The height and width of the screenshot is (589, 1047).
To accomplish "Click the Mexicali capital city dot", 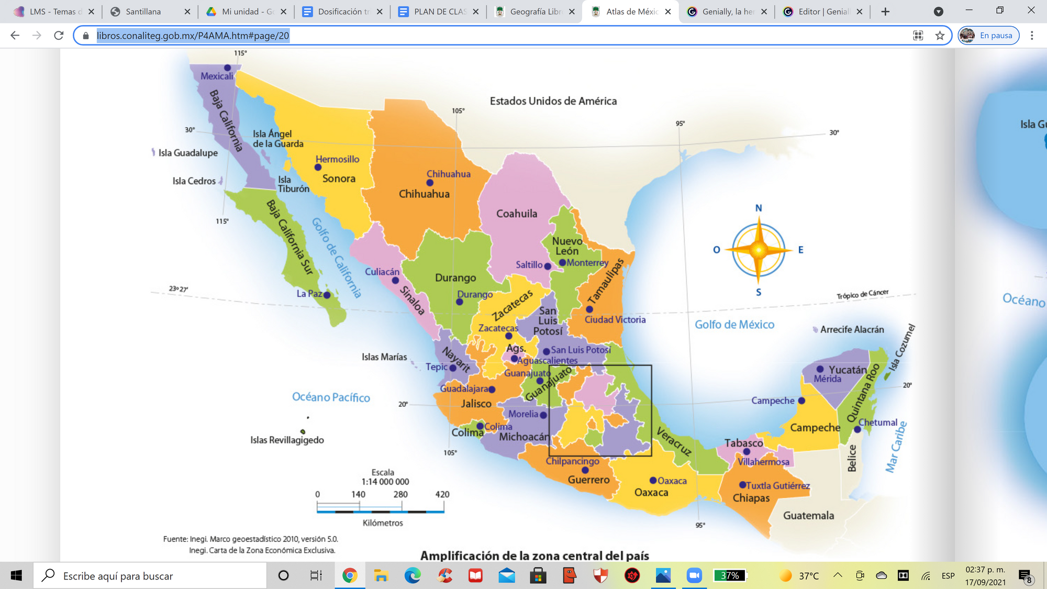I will click(227, 68).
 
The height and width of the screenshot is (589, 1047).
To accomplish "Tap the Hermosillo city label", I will click(337, 159).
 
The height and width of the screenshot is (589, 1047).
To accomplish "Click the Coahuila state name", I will click(516, 214).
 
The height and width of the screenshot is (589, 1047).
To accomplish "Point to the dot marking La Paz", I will click(327, 295).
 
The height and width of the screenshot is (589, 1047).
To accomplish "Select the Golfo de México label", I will click(734, 325).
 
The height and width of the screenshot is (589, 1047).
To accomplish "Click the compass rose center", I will click(759, 250).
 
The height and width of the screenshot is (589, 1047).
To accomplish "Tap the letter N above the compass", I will click(759, 208).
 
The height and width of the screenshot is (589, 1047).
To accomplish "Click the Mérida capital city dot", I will click(820, 369).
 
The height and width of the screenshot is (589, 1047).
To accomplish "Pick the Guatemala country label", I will click(808, 516).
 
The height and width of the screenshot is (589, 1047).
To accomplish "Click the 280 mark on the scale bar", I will click(400, 494).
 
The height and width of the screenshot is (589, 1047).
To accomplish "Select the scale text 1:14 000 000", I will click(385, 482).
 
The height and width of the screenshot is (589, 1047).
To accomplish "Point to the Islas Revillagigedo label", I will click(287, 440).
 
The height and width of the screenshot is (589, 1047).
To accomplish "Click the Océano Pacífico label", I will click(331, 397).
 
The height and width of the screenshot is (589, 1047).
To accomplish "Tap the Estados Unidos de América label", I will click(553, 101).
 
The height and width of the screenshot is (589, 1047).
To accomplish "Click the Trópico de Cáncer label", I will click(862, 294).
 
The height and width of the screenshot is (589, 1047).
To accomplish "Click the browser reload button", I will click(59, 36).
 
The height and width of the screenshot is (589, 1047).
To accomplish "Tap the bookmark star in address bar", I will click(940, 36).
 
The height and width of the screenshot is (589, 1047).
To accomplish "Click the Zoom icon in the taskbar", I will click(694, 575).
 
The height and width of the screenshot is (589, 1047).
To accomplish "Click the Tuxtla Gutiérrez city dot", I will click(742, 485).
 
